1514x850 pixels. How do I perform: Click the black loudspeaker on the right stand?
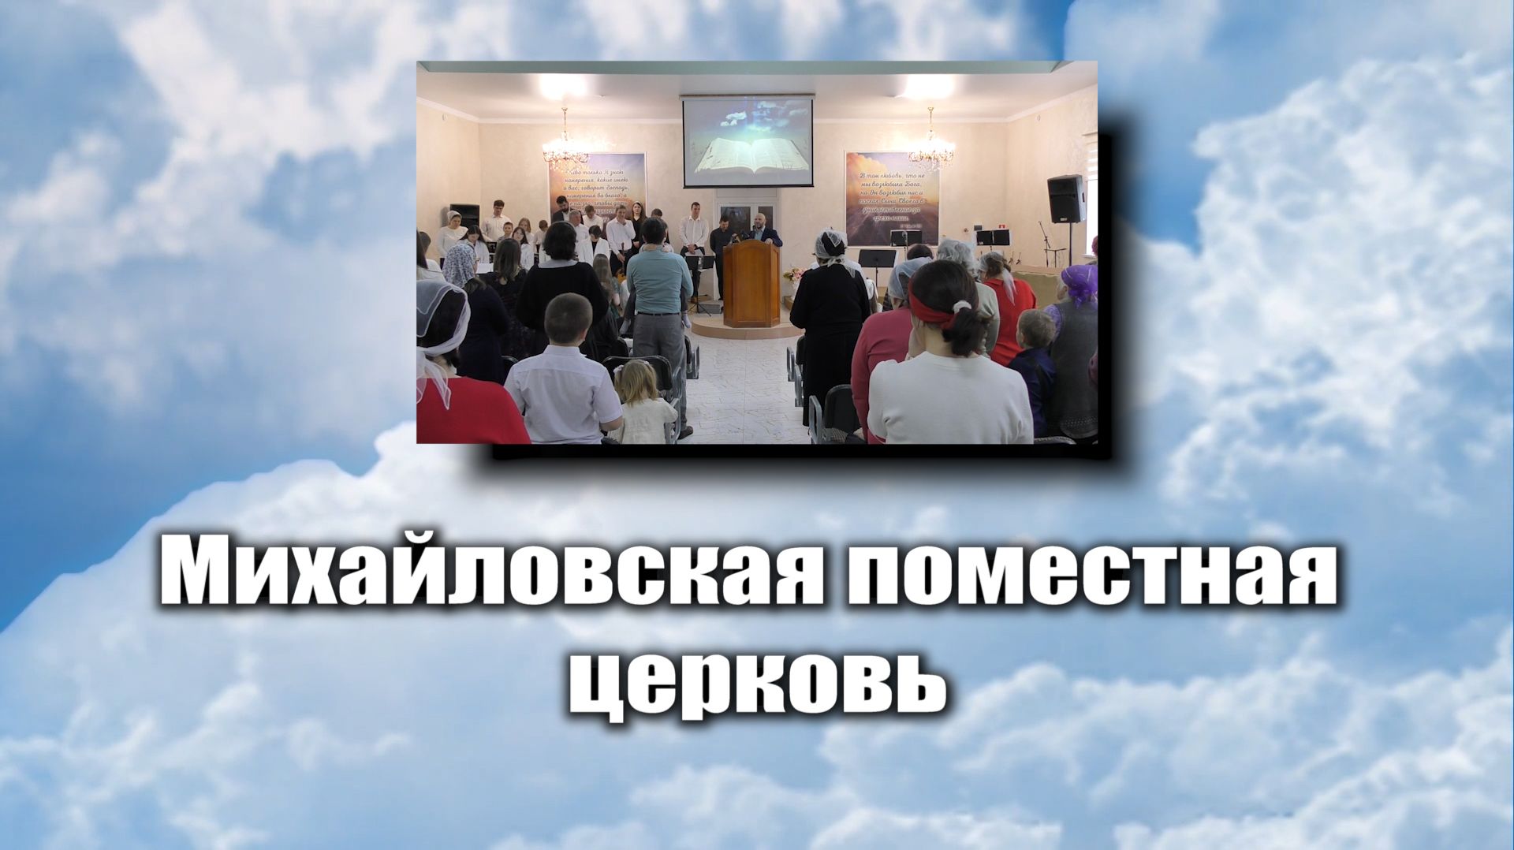point(1065,199)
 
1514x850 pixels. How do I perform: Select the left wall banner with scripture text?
point(597,186)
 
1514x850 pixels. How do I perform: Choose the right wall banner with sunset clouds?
point(891,197)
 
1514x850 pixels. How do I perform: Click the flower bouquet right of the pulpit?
point(793,275)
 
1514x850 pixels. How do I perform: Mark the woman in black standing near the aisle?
point(829,315)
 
